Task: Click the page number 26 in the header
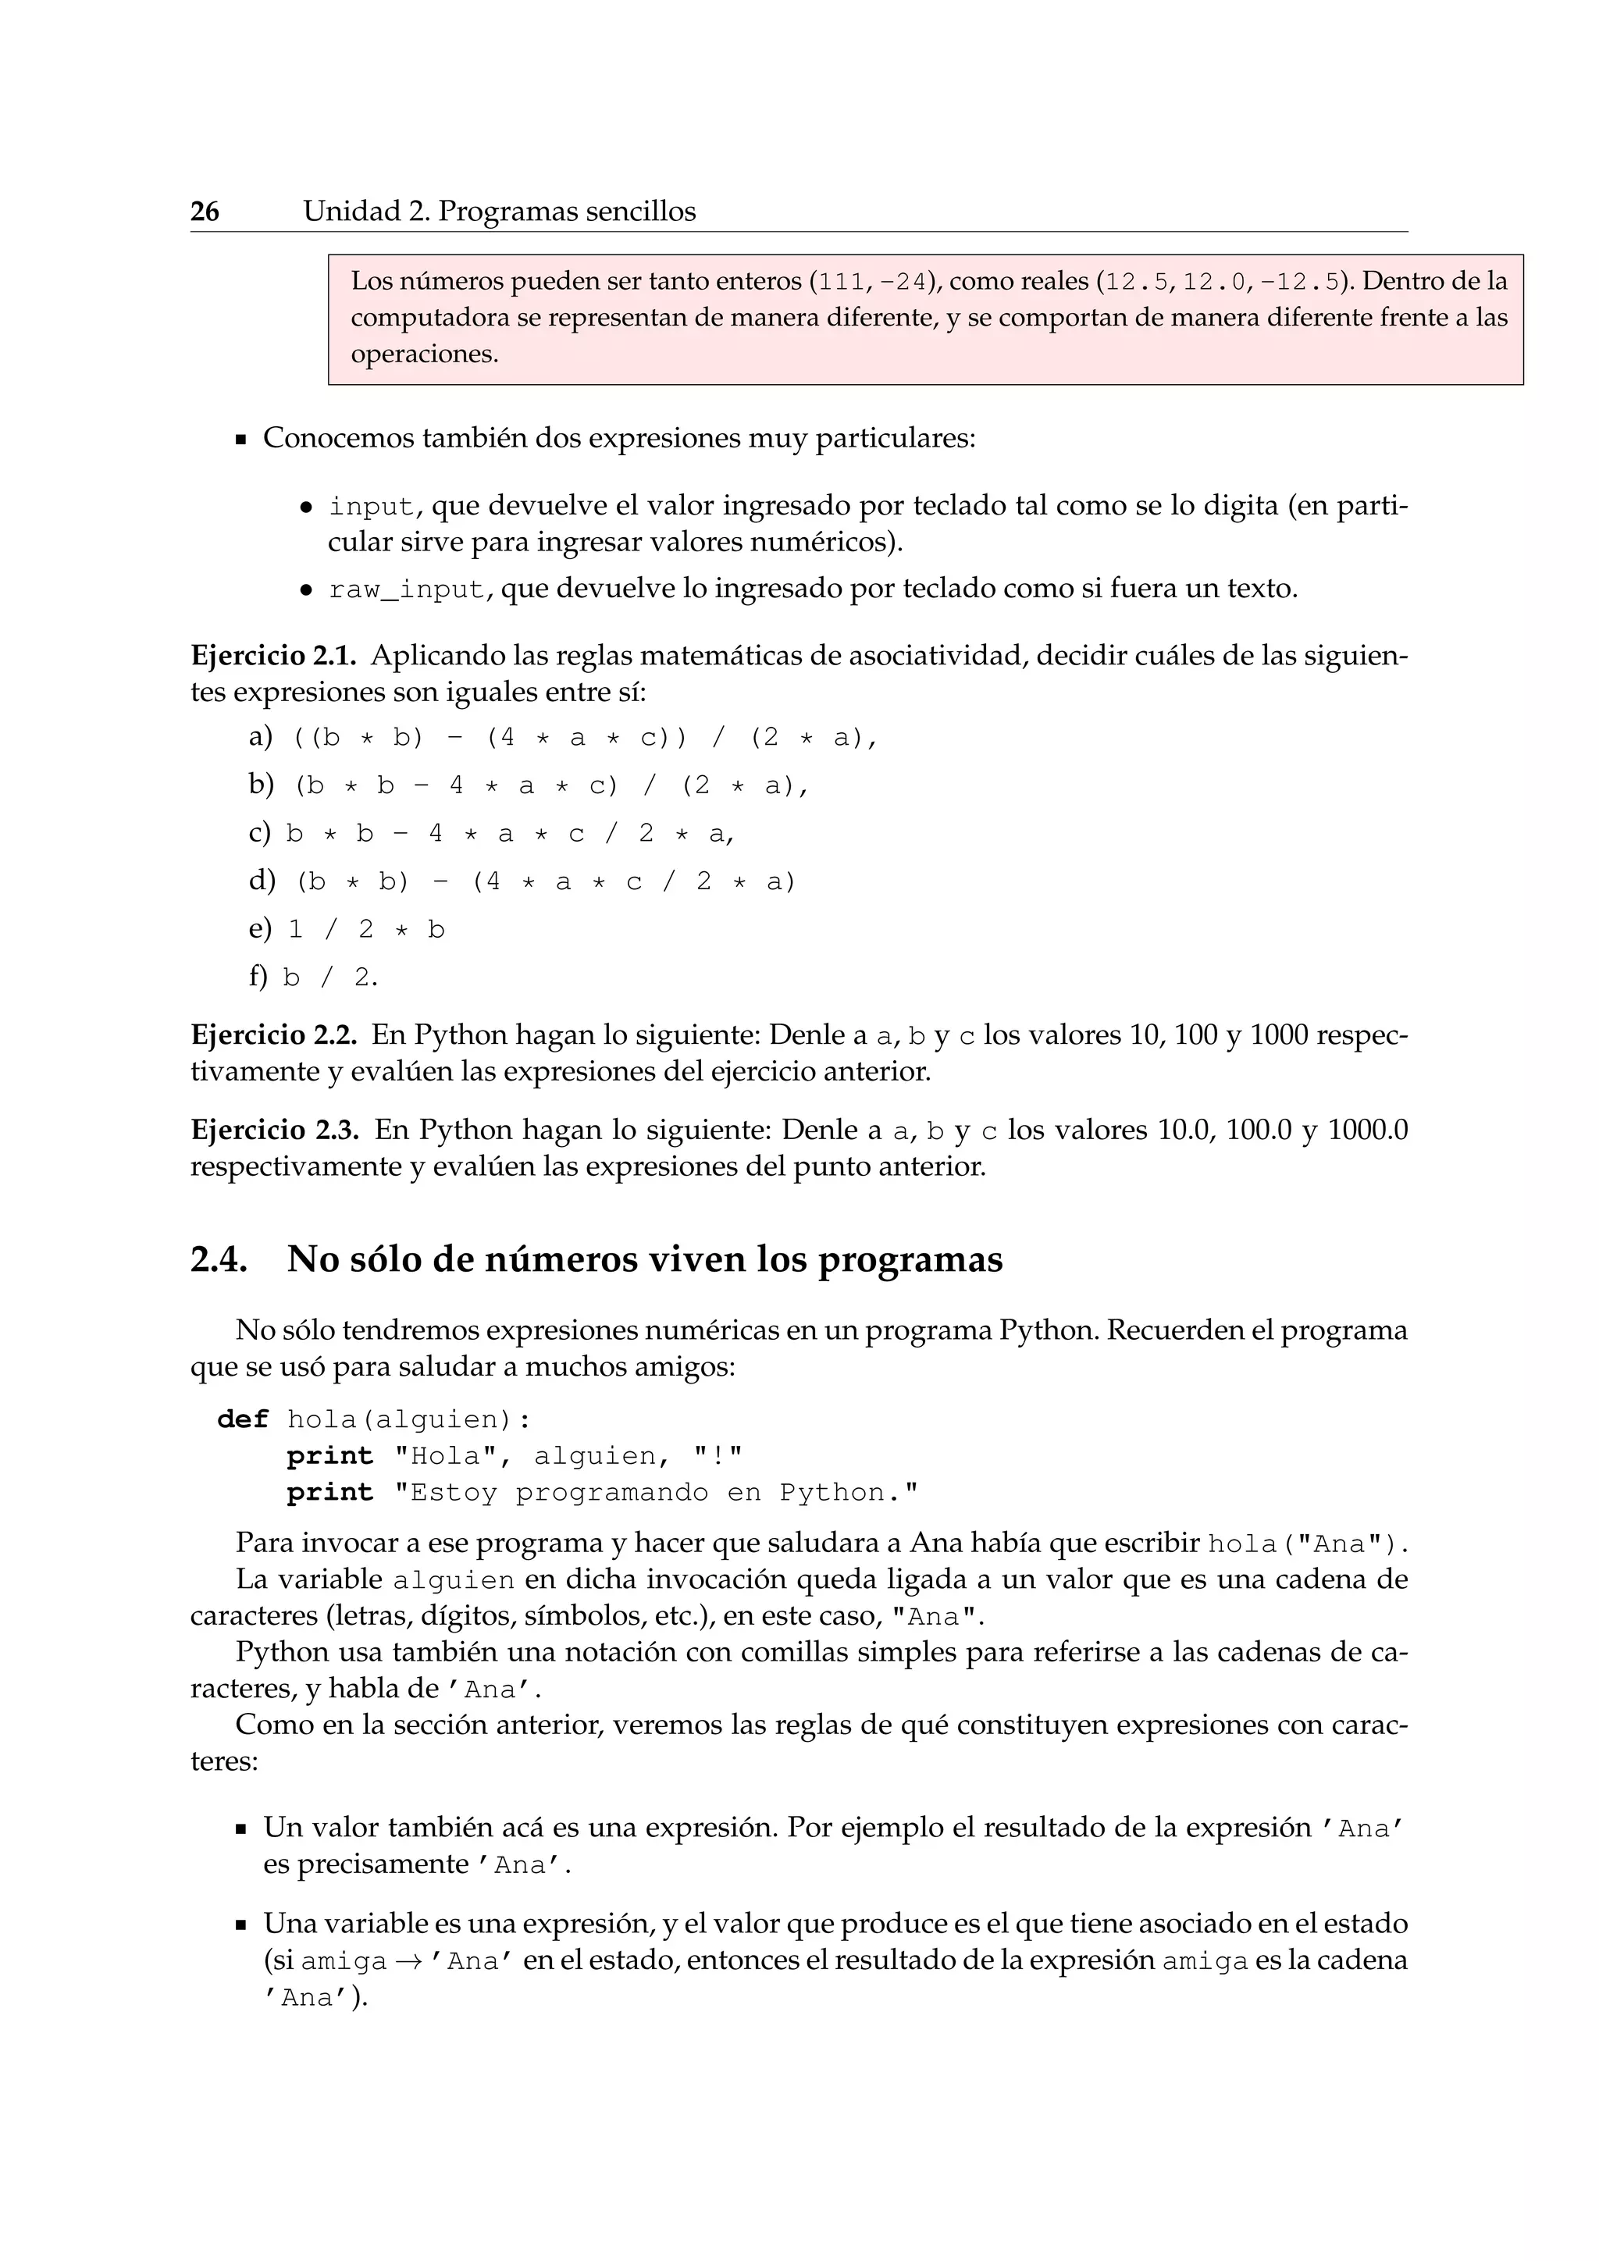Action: pos(205,212)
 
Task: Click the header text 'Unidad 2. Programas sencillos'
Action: pos(499,212)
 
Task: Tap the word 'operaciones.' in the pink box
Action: pos(425,354)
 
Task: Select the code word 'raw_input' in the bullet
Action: pos(407,591)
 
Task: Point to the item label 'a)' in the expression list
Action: pos(260,736)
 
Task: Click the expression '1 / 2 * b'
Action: pos(366,930)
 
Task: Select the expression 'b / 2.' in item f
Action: pos(329,977)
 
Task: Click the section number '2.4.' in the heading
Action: pos(219,1259)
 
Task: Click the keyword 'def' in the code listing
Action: pos(242,1419)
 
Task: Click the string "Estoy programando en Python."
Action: pos(656,1493)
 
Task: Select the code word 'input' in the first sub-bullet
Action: pos(371,507)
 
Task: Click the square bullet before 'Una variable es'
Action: pos(240,1925)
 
